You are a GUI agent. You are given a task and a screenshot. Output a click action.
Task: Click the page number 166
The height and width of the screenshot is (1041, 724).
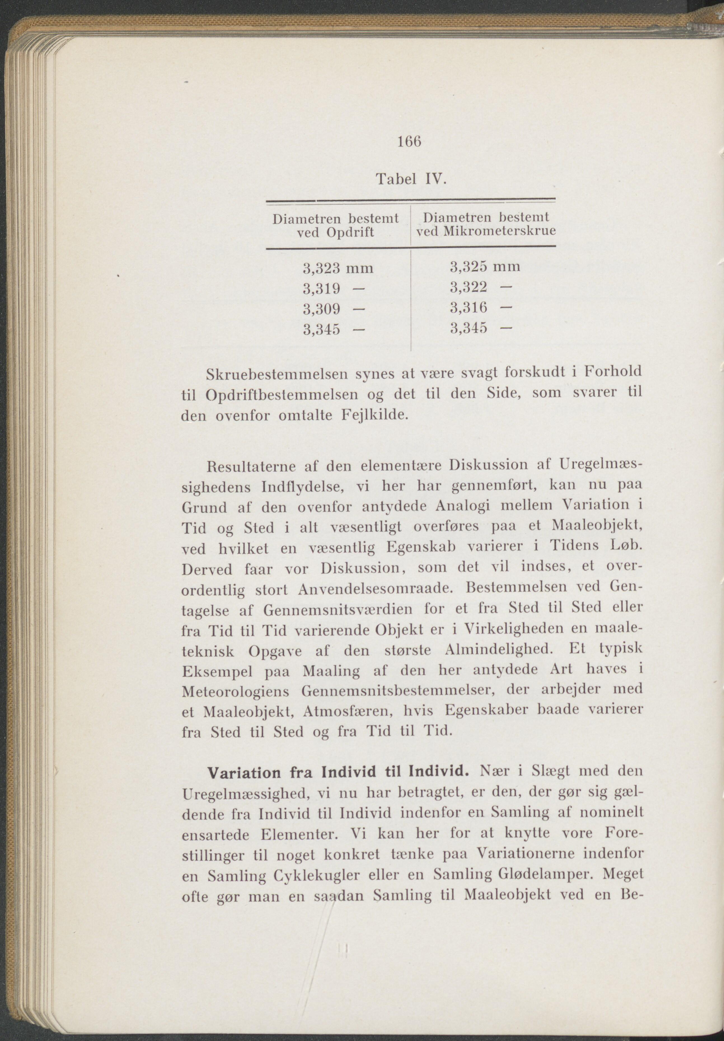click(x=410, y=142)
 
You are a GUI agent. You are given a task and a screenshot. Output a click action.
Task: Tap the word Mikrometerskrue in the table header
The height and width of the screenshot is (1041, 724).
click(x=499, y=231)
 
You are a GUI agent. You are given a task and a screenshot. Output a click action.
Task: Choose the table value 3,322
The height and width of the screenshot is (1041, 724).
click(x=468, y=287)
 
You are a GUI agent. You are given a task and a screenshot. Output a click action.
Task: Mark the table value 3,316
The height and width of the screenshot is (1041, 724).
click(x=468, y=308)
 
